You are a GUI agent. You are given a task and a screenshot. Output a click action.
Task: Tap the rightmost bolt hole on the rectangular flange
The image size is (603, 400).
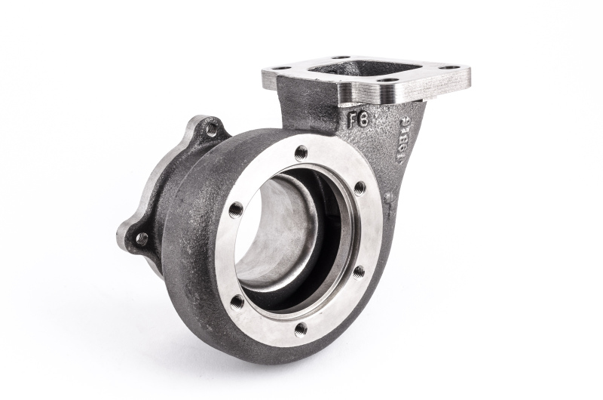pyautogui.click(x=451, y=67)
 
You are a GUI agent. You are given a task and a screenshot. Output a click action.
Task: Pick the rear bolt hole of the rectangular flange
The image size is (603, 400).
pyautogui.click(x=338, y=57)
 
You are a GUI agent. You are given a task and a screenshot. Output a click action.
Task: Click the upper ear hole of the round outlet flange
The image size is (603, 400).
pyautogui.click(x=212, y=129)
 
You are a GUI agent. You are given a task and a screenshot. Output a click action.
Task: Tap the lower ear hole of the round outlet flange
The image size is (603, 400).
pyautogui.click(x=141, y=238)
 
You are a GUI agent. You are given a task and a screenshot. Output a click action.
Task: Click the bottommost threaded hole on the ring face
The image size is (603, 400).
pyautogui.click(x=301, y=328)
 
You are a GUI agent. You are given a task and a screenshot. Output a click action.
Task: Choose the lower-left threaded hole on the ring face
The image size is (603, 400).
pyautogui.click(x=237, y=302)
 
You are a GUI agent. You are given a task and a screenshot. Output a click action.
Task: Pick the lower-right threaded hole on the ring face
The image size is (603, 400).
pyautogui.click(x=358, y=271)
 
